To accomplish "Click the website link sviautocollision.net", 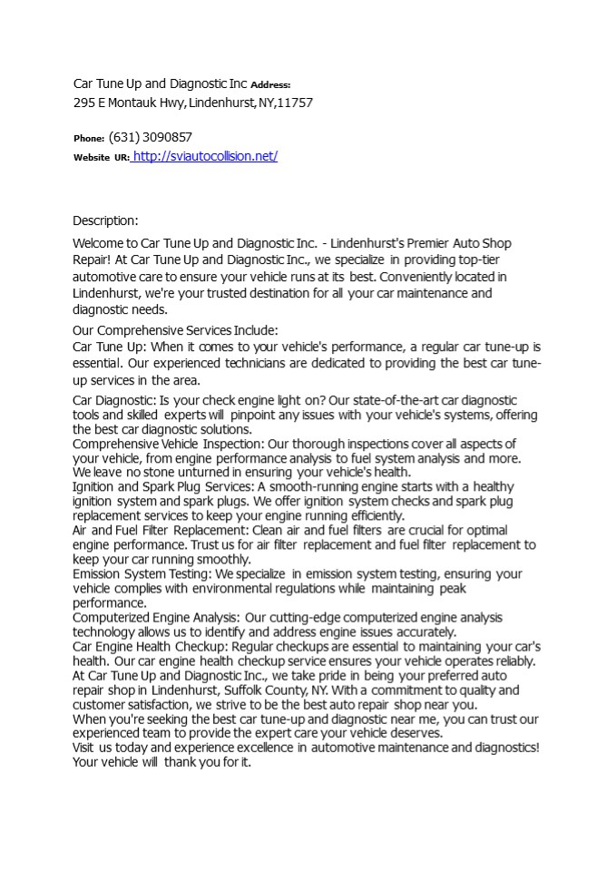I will (205, 156).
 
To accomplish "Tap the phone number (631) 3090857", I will (151, 137).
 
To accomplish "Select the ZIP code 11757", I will (297, 103).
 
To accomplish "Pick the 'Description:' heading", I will (105, 220).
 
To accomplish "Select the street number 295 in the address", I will (83, 103).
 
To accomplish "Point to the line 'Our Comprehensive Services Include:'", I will (175, 330).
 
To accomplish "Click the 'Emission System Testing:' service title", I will (142, 574).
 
